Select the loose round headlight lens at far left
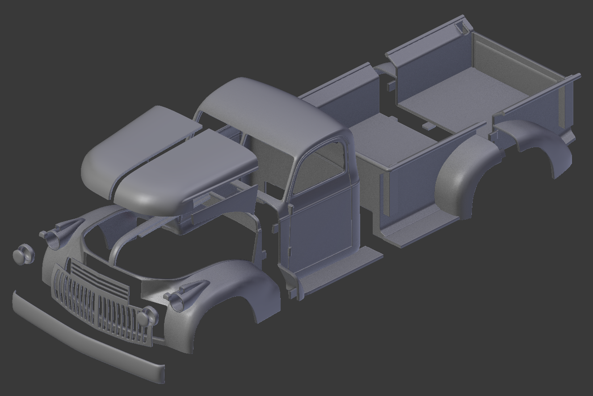(x=23, y=255)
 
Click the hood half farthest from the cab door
(x=134, y=143)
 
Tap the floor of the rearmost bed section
(x=465, y=94)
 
